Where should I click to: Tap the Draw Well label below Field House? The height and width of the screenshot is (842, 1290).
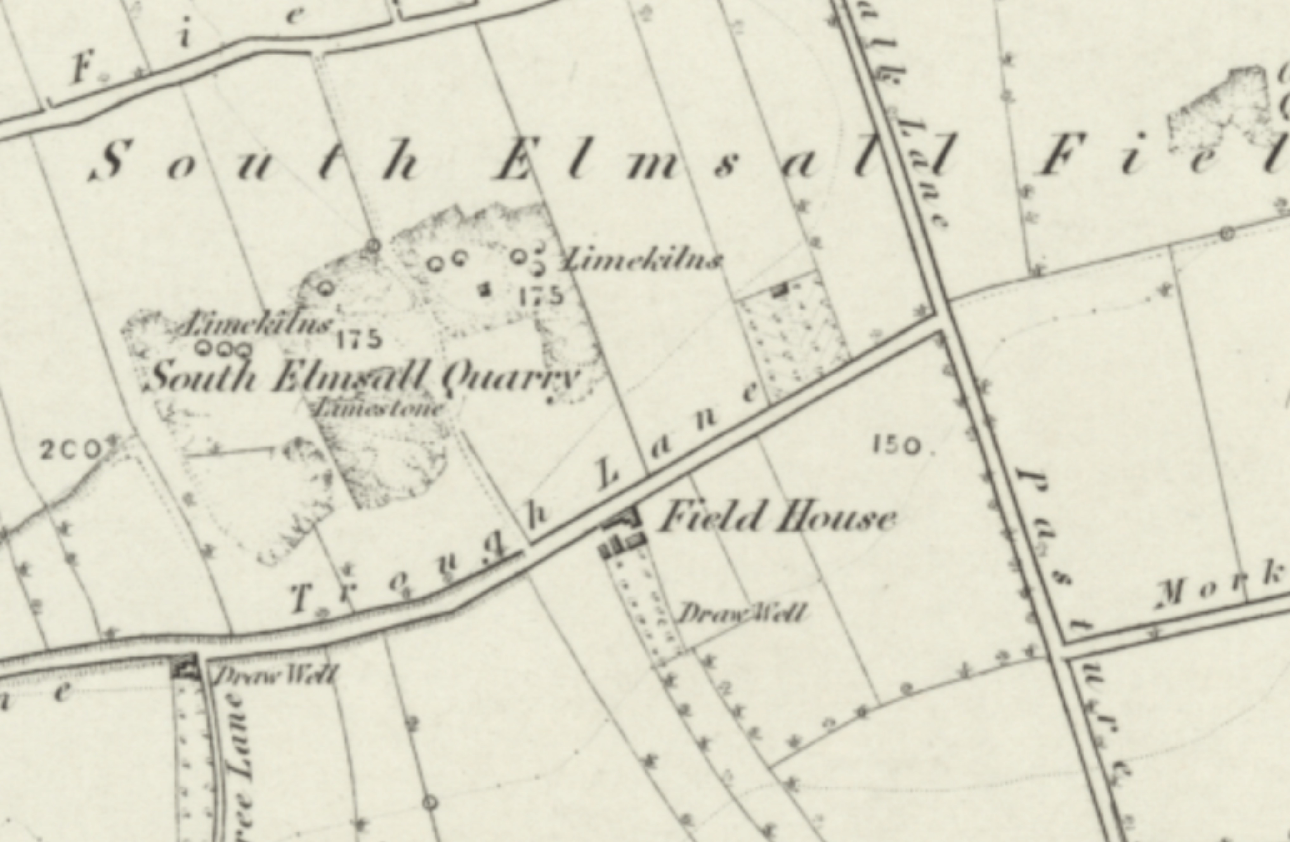click(x=741, y=614)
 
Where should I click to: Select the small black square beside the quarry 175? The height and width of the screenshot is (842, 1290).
click(x=485, y=290)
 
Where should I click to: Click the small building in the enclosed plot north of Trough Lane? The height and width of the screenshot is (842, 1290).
click(x=779, y=290)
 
